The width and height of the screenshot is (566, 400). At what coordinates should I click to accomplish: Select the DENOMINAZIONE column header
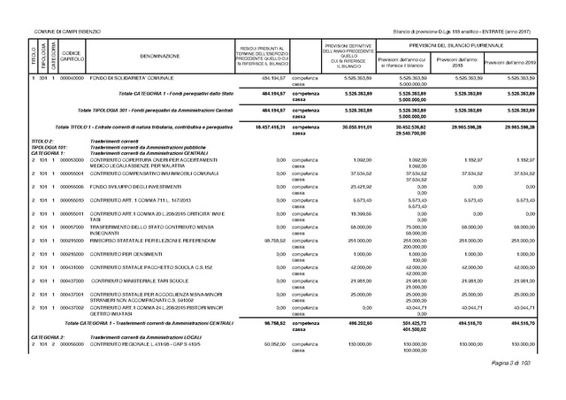(159, 56)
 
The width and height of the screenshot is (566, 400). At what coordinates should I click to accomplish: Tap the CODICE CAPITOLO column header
(73, 56)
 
